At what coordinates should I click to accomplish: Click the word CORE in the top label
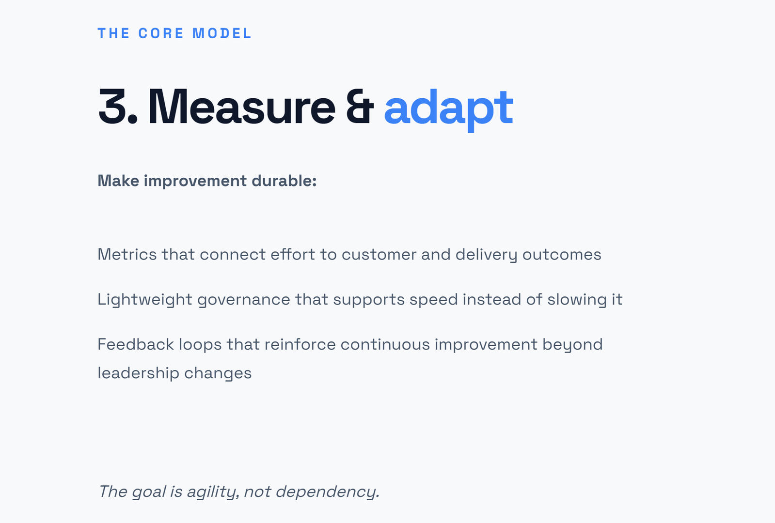click(x=161, y=33)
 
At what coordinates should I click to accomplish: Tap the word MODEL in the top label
click(x=222, y=33)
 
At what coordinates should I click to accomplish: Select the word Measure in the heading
click(x=241, y=107)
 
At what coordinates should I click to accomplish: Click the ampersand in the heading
click(x=360, y=107)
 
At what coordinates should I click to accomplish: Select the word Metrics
click(x=127, y=254)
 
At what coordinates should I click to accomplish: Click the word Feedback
click(x=136, y=344)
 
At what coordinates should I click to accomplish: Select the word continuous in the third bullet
click(x=385, y=344)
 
